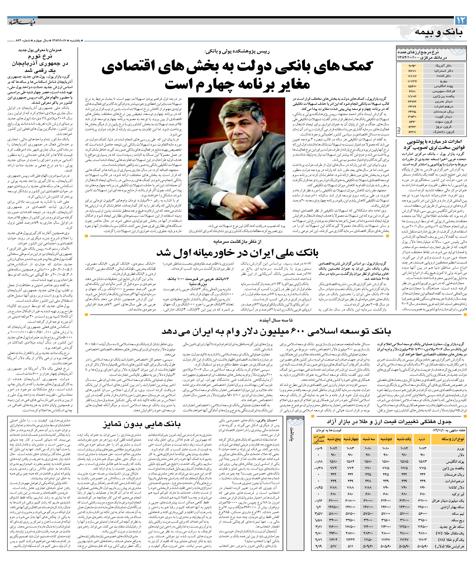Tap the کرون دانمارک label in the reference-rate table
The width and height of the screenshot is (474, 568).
point(443,132)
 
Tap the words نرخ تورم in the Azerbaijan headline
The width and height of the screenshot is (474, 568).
point(40,57)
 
